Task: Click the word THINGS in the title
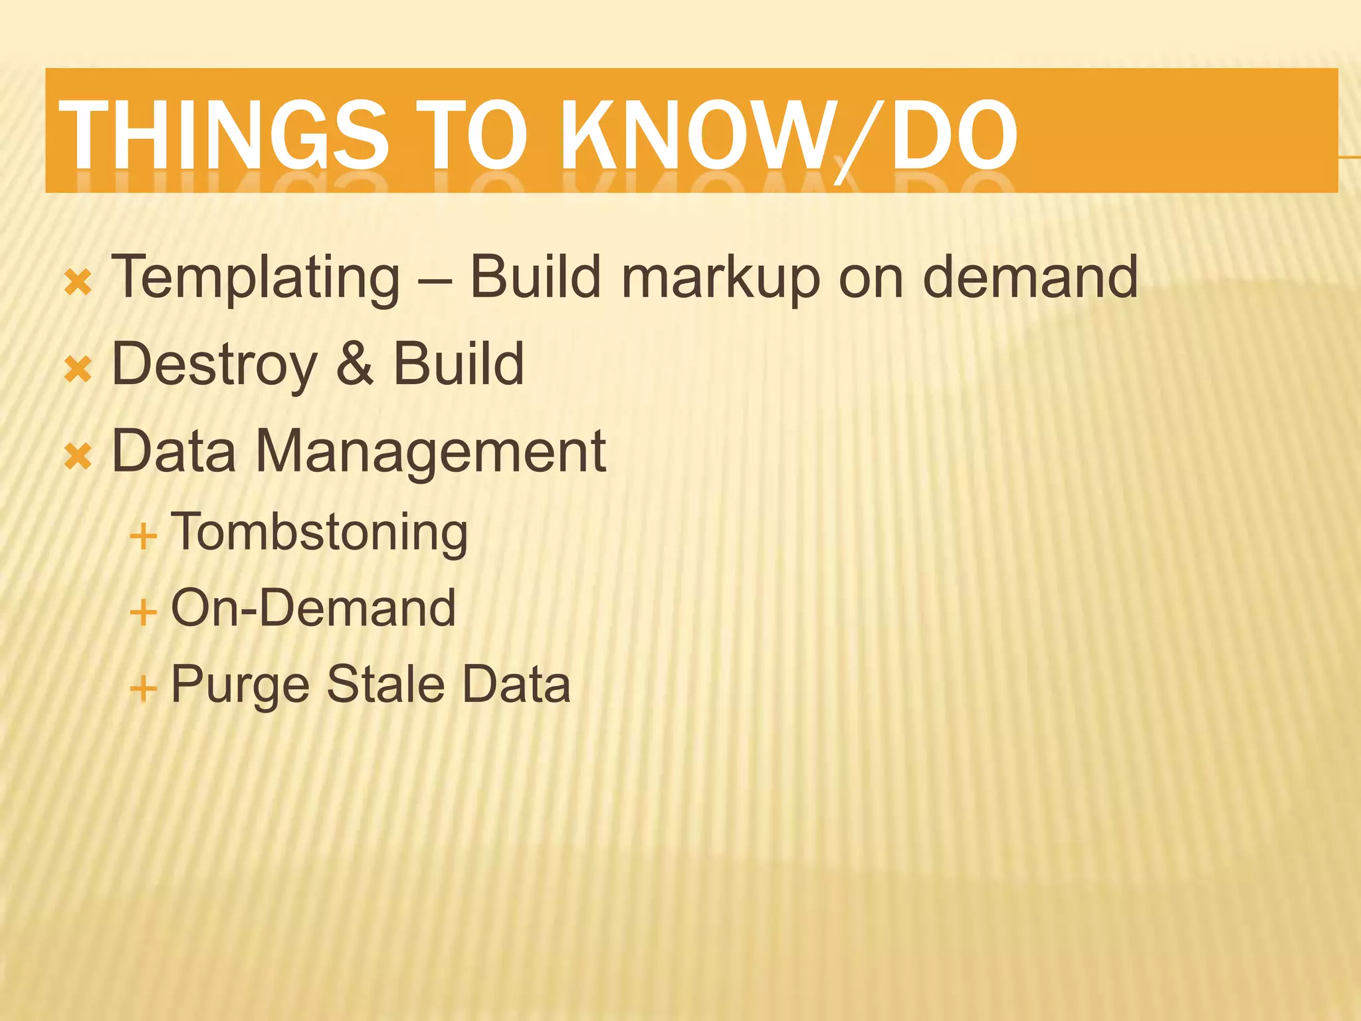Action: tap(223, 135)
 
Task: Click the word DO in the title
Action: tap(953, 135)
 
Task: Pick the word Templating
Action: tap(256, 278)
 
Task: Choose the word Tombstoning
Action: tap(320, 534)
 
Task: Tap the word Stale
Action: tap(385, 684)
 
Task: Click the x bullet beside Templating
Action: tap(78, 283)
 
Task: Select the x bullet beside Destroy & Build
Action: tap(78, 369)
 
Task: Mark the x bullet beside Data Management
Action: tap(78, 457)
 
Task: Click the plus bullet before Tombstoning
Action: tap(144, 536)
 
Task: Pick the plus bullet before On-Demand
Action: tap(144, 612)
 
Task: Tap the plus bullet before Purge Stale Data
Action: tap(144, 687)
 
